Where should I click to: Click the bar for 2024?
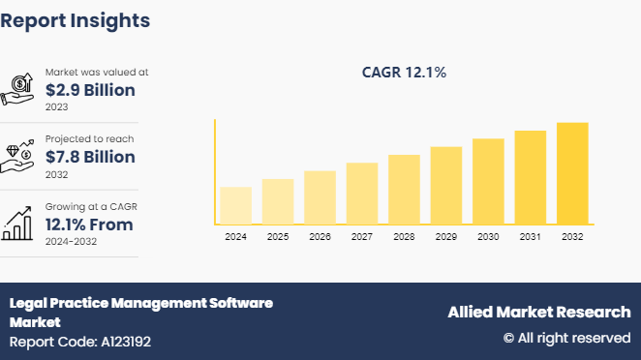(x=235, y=205)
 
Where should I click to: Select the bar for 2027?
(x=361, y=193)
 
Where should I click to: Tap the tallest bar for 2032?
(x=571, y=173)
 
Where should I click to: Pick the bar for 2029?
(x=445, y=185)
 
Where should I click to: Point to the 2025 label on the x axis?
(x=277, y=237)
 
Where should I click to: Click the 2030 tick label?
(x=487, y=237)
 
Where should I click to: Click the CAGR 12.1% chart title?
(x=403, y=73)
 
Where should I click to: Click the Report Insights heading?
(x=76, y=19)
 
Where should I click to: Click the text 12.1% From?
(x=89, y=225)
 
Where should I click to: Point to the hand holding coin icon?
(x=20, y=89)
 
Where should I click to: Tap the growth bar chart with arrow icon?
(x=20, y=224)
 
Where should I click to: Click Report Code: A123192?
(x=80, y=342)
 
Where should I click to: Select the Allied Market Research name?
(x=538, y=312)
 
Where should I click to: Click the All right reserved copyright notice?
(x=566, y=338)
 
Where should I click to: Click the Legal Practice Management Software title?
(x=140, y=303)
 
